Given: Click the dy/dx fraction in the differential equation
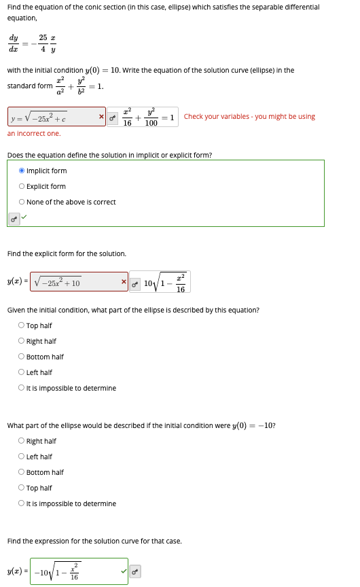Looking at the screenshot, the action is click(14, 43).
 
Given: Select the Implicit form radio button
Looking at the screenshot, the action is click(22, 171).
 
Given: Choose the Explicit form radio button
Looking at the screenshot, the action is click(22, 186).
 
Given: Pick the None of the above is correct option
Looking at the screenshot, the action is click(22, 202).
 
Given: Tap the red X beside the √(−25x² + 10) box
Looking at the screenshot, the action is click(124, 281).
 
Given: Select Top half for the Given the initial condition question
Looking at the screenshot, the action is click(22, 325).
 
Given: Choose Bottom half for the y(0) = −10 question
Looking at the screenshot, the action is click(22, 472).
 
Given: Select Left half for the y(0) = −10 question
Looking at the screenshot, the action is click(22, 457).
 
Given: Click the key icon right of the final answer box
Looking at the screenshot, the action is click(137, 571).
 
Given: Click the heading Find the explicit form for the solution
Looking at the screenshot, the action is click(67, 253).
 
